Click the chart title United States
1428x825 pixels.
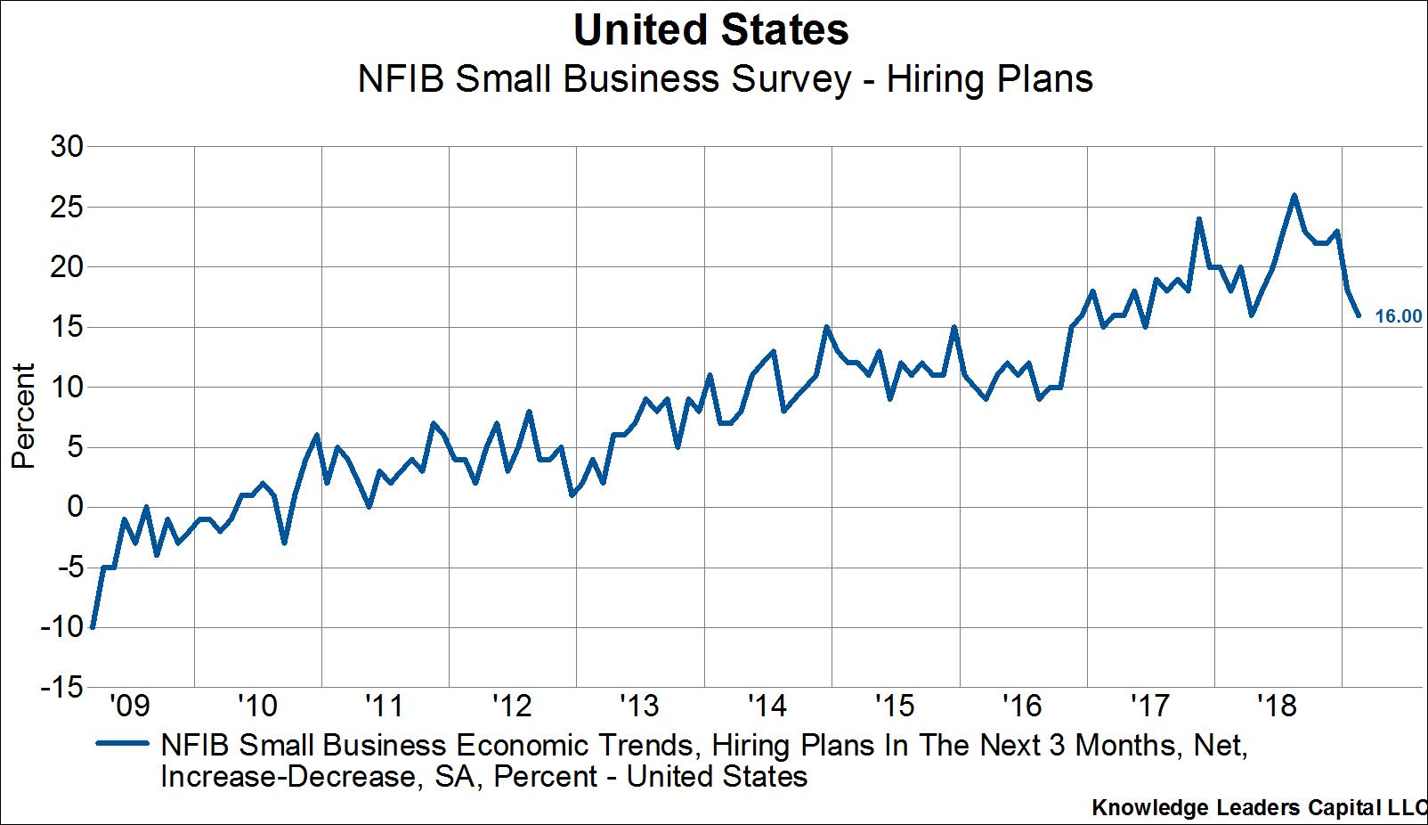tap(710, 30)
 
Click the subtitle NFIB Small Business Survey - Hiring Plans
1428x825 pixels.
tap(725, 79)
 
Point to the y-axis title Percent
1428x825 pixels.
tap(23, 415)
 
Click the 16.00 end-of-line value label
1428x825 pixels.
tap(1398, 316)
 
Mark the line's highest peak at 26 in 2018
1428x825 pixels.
tap(1294, 195)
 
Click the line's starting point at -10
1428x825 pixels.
tap(93, 627)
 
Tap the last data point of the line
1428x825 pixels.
tap(1358, 314)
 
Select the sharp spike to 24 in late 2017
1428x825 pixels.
tap(1198, 219)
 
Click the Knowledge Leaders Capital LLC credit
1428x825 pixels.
tap(1258, 808)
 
